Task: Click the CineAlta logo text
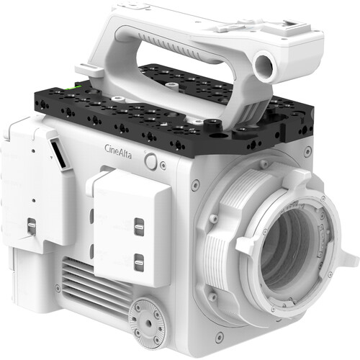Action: [118, 151]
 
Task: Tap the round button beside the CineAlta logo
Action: [150, 161]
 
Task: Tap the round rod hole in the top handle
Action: [266, 66]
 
